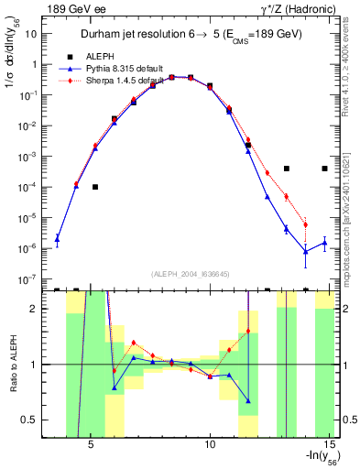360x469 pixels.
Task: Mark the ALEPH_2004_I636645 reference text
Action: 190,275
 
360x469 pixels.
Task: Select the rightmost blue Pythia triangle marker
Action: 324,243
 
